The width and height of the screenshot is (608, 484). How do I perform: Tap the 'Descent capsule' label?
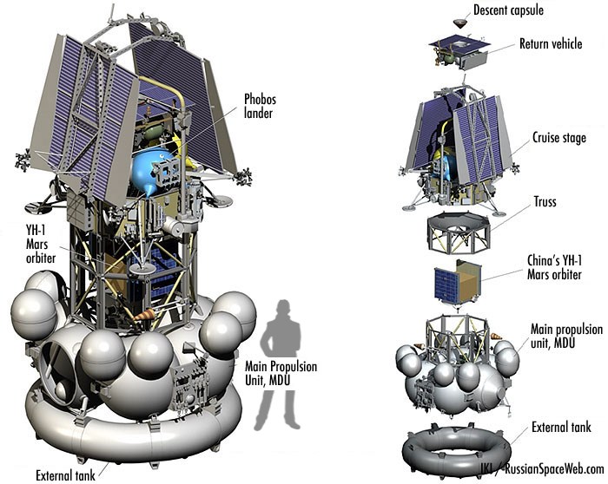(508, 10)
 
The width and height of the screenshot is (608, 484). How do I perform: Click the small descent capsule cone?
(459, 23)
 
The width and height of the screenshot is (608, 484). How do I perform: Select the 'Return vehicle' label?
(551, 43)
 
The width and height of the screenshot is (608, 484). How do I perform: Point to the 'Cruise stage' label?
(559, 137)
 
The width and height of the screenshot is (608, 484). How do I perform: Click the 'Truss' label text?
(545, 202)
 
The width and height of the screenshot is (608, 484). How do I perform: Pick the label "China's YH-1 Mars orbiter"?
(554, 267)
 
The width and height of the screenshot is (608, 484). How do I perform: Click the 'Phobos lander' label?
(260, 106)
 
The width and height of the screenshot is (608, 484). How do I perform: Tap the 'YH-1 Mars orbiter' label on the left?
(41, 244)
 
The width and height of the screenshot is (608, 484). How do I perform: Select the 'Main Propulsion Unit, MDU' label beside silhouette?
(281, 373)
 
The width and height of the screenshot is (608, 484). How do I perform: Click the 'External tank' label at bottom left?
(65, 475)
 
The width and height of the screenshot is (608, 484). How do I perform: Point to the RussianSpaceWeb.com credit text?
(554, 469)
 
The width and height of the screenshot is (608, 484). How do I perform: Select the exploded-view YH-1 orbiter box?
(458, 282)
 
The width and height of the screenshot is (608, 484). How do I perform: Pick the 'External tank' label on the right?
(561, 428)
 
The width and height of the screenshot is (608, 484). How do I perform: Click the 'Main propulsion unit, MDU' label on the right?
(566, 336)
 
